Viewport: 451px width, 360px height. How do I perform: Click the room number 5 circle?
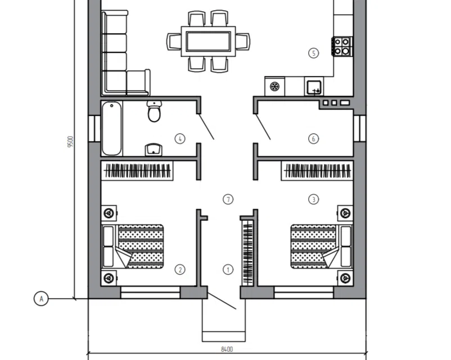pyautogui.click(x=314, y=53)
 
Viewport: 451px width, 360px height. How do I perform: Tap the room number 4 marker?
pyautogui.click(x=180, y=139)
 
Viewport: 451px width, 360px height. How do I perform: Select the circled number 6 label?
pyautogui.click(x=314, y=139)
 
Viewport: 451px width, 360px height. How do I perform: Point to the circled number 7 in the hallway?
pyautogui.click(x=228, y=199)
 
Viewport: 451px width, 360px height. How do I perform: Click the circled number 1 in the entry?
pyautogui.click(x=228, y=269)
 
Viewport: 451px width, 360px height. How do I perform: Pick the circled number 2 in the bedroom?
pyautogui.click(x=180, y=269)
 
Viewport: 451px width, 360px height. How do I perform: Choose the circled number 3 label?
pyautogui.click(x=314, y=199)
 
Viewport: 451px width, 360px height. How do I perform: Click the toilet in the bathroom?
pyautogui.click(x=154, y=111)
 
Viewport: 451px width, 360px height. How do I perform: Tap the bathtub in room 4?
pyautogui.click(x=111, y=128)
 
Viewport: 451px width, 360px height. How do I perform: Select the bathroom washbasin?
pyautogui.click(x=154, y=150)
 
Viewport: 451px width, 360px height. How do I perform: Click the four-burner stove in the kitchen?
pyautogui.click(x=342, y=46)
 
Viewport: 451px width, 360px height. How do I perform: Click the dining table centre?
pyautogui.click(x=209, y=42)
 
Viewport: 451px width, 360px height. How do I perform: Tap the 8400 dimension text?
pyautogui.click(x=227, y=349)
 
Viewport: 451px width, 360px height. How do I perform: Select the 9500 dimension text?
pyautogui.click(x=70, y=141)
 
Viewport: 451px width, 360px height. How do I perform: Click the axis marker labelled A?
pyautogui.click(x=41, y=299)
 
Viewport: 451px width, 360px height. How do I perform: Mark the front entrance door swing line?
pyautogui.click(x=222, y=301)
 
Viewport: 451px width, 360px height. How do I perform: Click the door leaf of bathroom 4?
pyautogui.click(x=206, y=127)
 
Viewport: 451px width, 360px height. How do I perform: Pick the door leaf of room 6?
pyautogui.click(x=263, y=127)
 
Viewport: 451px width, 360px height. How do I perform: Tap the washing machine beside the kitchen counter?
pyautogui.click(x=274, y=86)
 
